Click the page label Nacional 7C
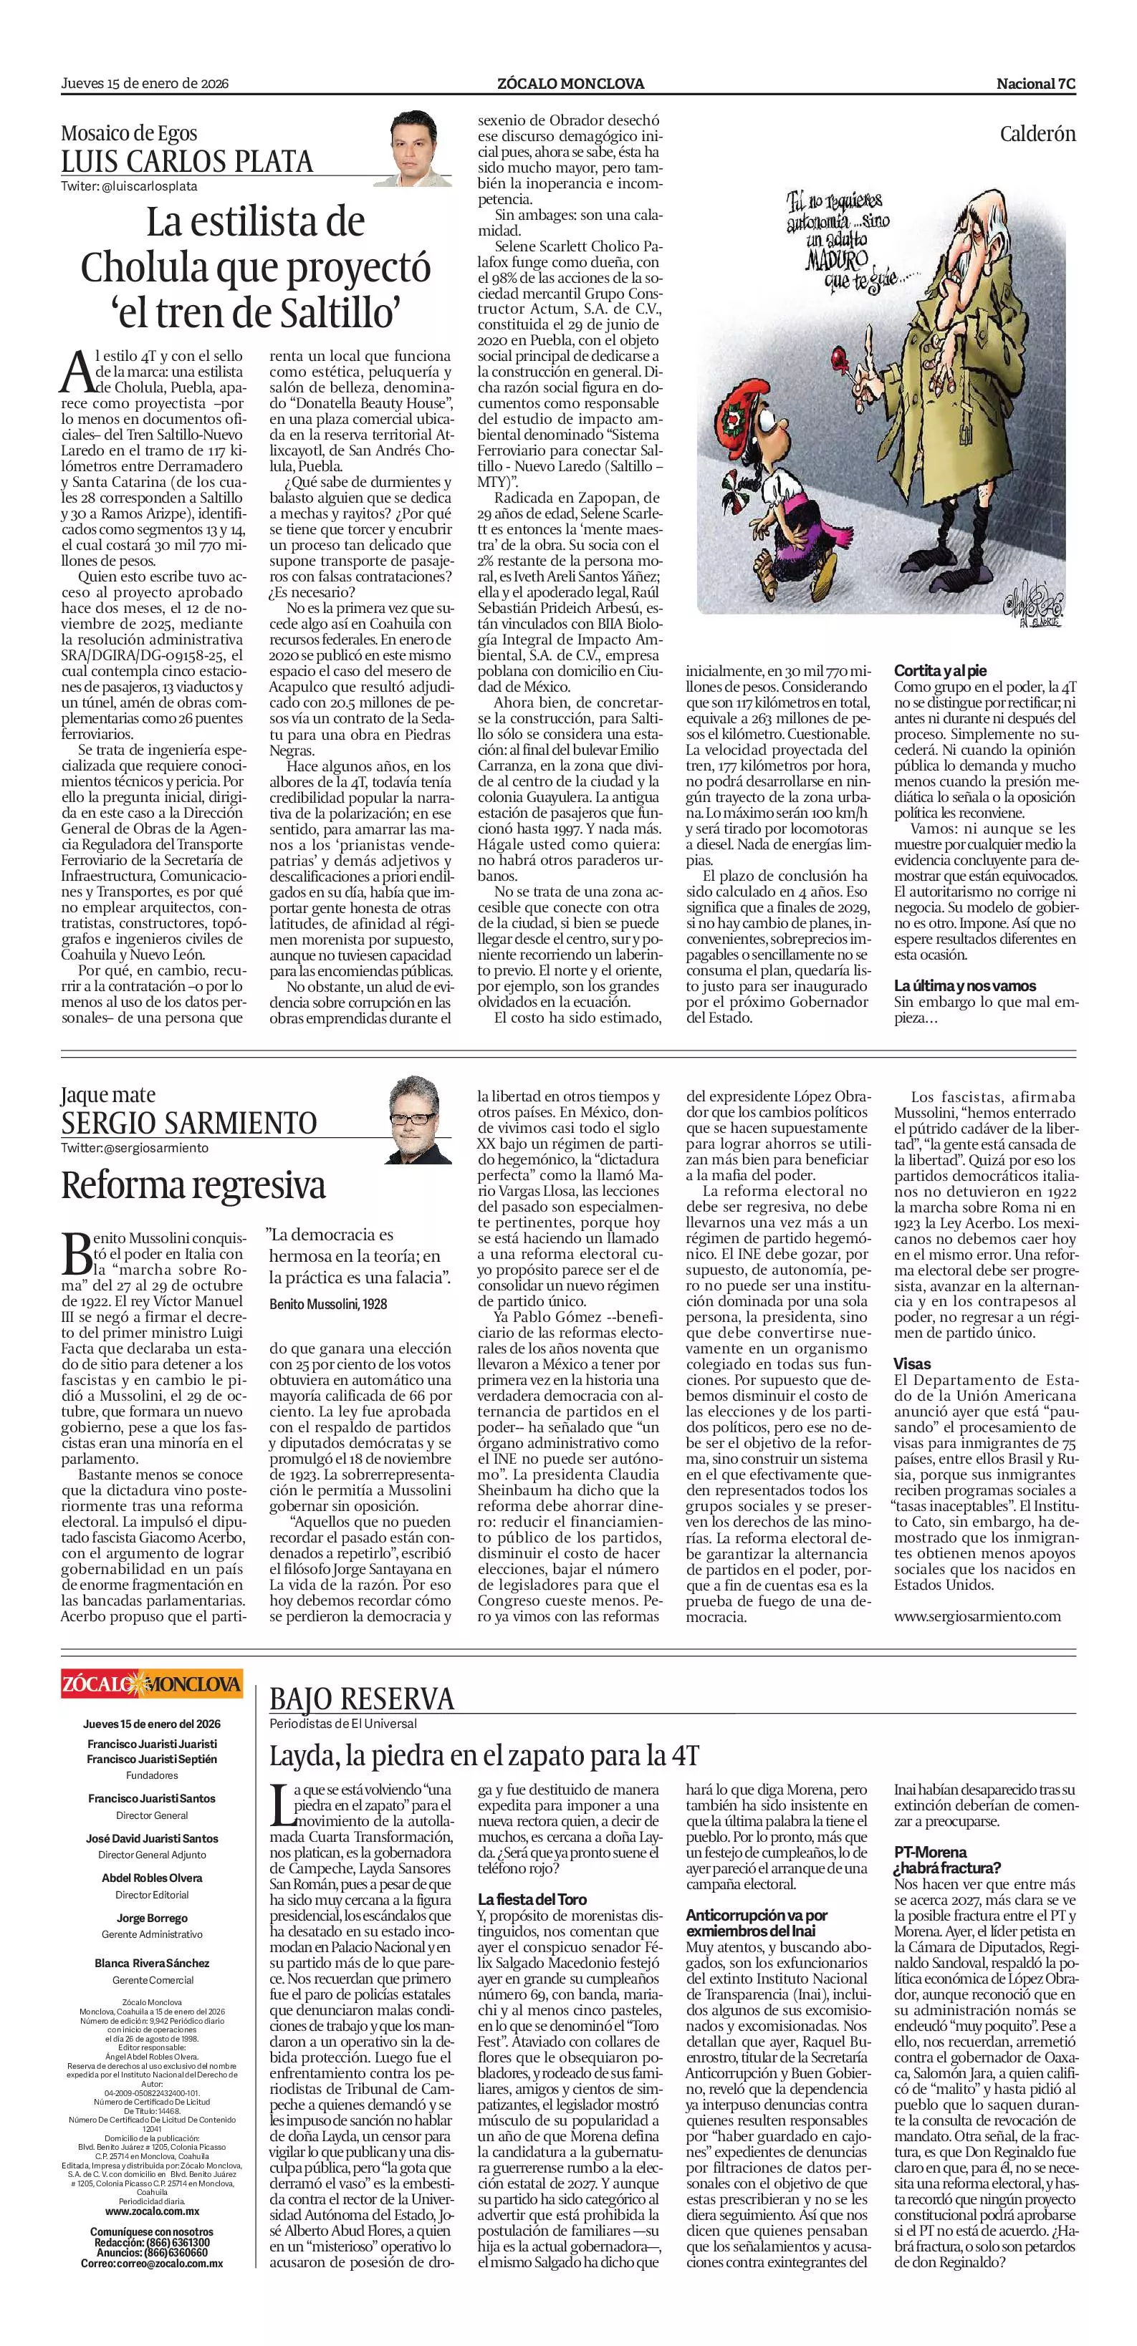pyautogui.click(x=1036, y=84)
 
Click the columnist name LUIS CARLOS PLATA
pyautogui.click(x=187, y=162)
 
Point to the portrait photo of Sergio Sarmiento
pyautogui.click(x=420, y=1120)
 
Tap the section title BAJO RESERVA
pyautogui.click(x=362, y=1699)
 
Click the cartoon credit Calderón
pyautogui.click(x=1037, y=134)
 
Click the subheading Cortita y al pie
pyautogui.click(x=939, y=670)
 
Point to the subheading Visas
pyautogui.click(x=912, y=1363)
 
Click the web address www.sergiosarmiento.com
pyautogui.click(x=977, y=1616)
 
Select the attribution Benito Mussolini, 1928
pyautogui.click(x=328, y=1304)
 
